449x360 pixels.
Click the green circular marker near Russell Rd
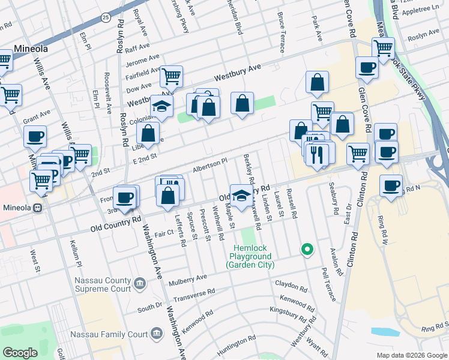tap(307, 249)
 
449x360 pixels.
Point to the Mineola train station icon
tap(37, 208)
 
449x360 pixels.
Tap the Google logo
tap(20, 353)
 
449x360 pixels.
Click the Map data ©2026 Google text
tap(411, 355)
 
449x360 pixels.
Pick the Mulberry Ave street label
tap(188, 277)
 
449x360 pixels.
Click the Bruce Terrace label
tap(281, 31)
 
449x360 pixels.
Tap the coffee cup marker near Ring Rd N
tap(391, 185)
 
